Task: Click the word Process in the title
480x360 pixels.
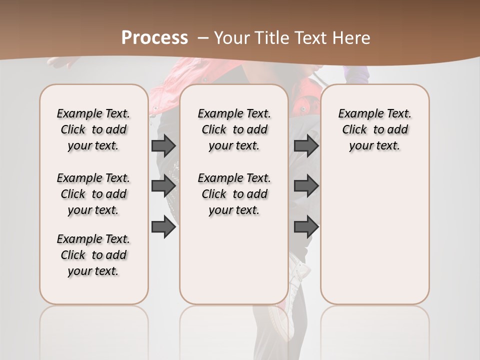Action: (x=154, y=37)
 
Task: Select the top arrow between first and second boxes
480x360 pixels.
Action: (x=163, y=145)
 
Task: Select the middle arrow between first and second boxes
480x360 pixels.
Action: (x=163, y=186)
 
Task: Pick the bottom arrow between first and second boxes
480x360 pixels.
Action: (x=163, y=226)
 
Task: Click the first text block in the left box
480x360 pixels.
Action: (x=93, y=129)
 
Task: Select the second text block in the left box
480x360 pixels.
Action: (x=93, y=194)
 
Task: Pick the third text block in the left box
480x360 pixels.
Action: (x=93, y=255)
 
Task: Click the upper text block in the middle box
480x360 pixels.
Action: (x=234, y=129)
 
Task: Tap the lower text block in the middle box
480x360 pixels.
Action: (x=234, y=194)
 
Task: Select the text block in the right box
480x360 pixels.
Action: (x=375, y=129)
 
